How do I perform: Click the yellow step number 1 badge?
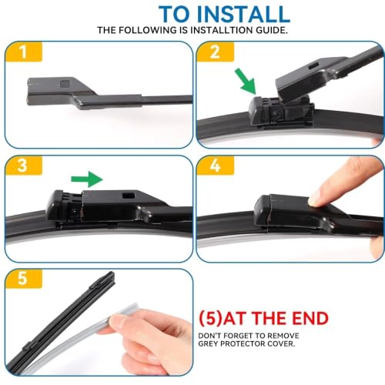24,52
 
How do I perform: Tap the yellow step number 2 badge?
215,52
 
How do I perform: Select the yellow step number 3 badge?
24,166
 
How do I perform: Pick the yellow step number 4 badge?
215,166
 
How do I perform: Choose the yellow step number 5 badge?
24,279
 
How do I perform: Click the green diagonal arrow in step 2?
246,81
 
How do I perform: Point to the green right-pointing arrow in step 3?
87,179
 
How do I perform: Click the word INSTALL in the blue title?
243,14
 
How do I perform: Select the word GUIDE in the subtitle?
272,30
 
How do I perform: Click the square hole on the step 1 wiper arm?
64,84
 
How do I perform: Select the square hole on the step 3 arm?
129,196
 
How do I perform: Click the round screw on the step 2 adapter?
276,113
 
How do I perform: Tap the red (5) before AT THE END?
210,318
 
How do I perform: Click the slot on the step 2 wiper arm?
313,65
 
